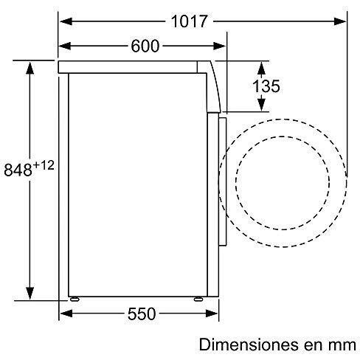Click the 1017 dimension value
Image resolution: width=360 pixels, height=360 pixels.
pyautogui.click(x=190, y=21)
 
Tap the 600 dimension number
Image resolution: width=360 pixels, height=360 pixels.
pyautogui.click(x=145, y=46)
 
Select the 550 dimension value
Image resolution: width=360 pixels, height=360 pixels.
pyautogui.click(x=142, y=314)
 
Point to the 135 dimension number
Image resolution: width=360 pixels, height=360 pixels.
pyautogui.click(x=266, y=86)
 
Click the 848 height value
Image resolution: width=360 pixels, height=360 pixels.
pyautogui.click(x=18, y=170)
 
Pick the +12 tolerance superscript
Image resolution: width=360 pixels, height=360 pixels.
pyautogui.click(x=44, y=165)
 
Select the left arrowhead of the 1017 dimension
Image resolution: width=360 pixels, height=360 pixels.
pyautogui.click(x=66, y=21)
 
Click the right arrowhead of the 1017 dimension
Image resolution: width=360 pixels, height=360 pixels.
pyautogui.click(x=340, y=21)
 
